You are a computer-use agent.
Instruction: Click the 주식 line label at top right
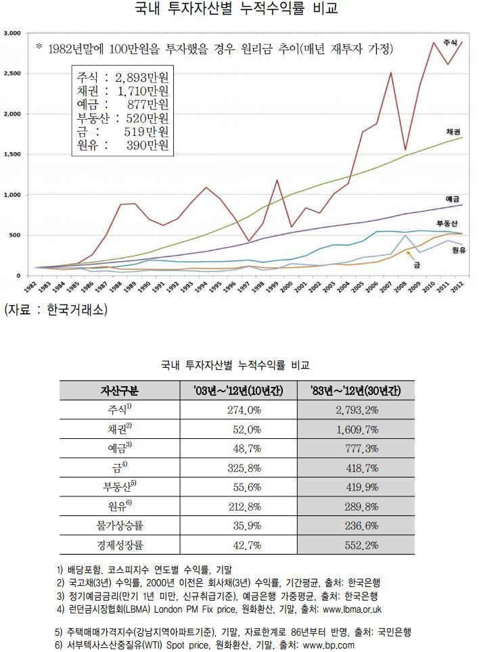(449, 43)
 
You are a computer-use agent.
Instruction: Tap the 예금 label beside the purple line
(453, 199)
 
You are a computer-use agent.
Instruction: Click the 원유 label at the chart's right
(460, 250)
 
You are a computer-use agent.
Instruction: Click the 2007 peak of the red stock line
(390, 73)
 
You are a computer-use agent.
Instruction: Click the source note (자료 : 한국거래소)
(55, 309)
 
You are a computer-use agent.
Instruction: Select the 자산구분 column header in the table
(119, 390)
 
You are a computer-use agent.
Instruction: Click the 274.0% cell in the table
(245, 410)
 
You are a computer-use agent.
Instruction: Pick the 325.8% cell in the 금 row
(245, 467)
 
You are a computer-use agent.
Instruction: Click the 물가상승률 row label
(119, 524)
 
